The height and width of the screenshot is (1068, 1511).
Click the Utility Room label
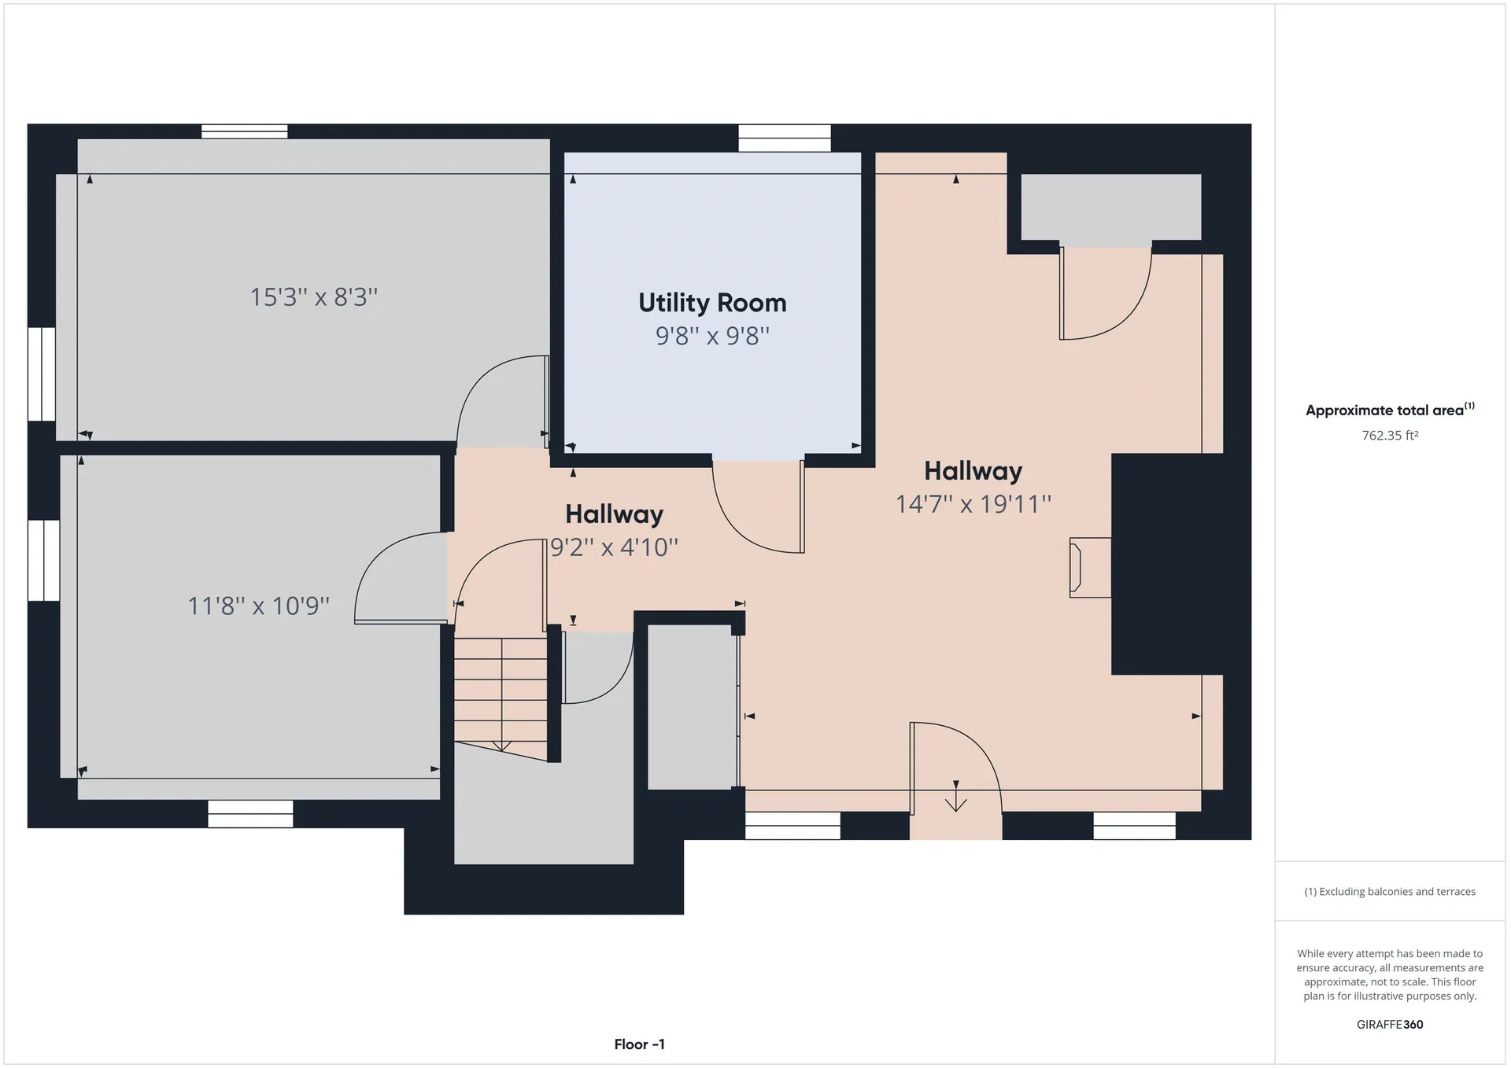(x=712, y=303)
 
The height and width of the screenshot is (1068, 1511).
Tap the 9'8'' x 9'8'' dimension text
(x=712, y=336)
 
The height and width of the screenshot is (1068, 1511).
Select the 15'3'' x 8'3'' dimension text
(x=314, y=296)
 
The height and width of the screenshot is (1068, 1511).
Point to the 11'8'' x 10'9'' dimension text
(x=258, y=606)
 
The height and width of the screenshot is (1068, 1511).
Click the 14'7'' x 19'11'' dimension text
(x=973, y=503)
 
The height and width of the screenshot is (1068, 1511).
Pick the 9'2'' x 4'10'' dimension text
(x=614, y=547)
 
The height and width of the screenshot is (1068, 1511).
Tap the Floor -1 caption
(x=640, y=1044)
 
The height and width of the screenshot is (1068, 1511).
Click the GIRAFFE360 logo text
(x=1390, y=1025)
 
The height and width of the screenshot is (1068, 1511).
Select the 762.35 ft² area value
(x=1390, y=435)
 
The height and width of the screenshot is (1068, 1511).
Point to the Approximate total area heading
(x=1390, y=410)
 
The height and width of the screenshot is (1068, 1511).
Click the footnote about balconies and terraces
(x=1390, y=892)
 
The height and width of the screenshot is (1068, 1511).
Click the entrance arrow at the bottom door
(x=956, y=796)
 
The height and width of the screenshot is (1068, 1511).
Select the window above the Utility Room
(x=785, y=138)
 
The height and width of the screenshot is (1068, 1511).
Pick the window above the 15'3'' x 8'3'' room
(x=244, y=131)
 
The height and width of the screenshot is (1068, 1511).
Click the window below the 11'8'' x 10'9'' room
(x=250, y=814)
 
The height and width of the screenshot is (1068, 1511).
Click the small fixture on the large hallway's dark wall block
(x=1090, y=568)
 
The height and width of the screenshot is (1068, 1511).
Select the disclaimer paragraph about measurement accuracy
(x=1390, y=975)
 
